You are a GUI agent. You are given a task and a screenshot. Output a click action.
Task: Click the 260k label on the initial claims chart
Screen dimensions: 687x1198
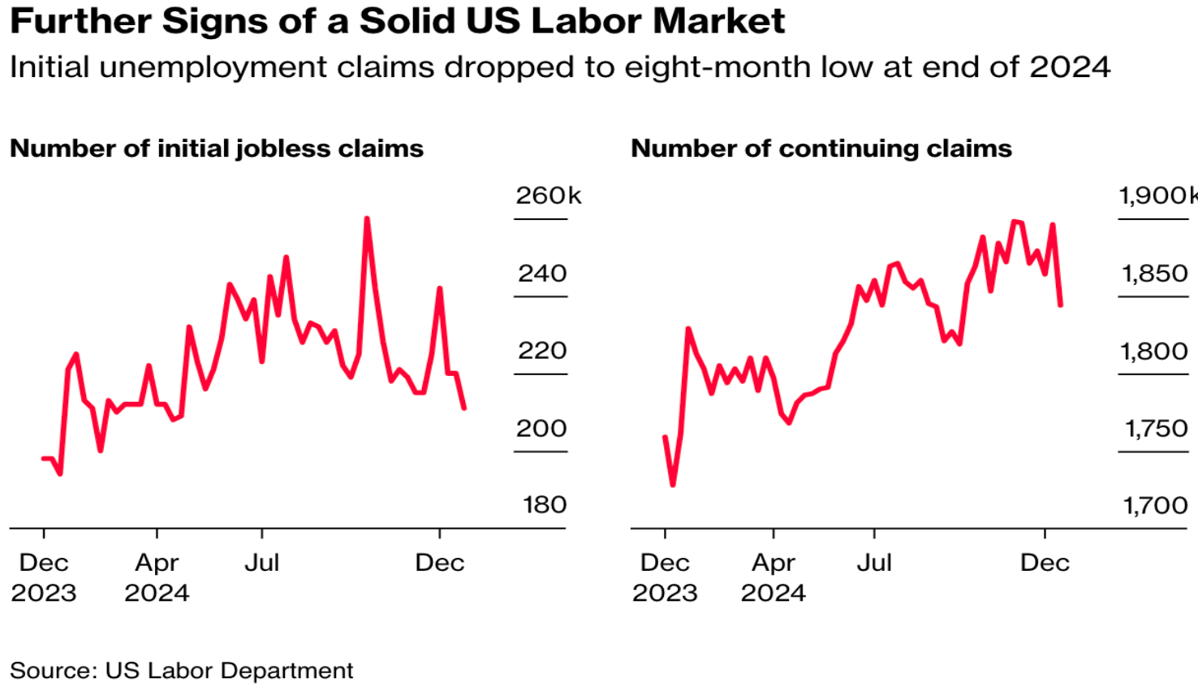click(x=549, y=196)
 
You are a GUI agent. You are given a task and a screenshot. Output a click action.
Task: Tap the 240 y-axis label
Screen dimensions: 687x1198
click(x=542, y=274)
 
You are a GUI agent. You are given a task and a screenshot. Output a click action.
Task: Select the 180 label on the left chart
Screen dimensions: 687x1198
click(x=544, y=505)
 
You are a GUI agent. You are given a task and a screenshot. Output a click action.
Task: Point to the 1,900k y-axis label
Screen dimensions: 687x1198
click(x=1157, y=196)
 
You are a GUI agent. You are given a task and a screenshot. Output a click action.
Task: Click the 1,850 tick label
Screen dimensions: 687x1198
click(x=1154, y=274)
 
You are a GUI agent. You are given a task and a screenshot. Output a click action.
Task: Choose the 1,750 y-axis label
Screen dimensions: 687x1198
click(x=1155, y=428)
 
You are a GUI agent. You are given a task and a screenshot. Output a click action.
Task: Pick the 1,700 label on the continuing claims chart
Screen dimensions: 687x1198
click(x=1155, y=506)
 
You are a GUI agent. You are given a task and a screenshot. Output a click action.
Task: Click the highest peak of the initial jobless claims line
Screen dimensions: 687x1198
click(x=367, y=218)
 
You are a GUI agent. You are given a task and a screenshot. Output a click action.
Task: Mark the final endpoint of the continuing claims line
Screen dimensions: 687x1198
click(x=1061, y=305)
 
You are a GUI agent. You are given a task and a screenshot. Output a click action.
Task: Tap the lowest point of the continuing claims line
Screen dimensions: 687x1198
click(x=673, y=485)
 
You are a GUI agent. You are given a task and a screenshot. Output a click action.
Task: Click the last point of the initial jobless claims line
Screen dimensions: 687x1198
click(x=464, y=408)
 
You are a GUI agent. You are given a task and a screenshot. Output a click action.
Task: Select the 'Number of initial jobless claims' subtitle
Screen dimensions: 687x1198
click(x=217, y=149)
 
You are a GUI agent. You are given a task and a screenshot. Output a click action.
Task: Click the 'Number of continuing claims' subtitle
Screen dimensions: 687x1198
click(x=821, y=149)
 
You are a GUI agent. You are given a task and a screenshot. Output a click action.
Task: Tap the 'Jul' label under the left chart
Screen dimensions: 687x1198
click(x=261, y=563)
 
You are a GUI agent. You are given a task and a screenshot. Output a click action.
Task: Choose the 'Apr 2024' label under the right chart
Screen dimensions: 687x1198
click(x=773, y=577)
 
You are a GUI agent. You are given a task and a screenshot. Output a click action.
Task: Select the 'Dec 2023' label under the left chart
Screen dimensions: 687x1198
click(x=44, y=577)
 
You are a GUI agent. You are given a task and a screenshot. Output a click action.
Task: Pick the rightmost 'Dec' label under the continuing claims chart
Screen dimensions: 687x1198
click(x=1045, y=563)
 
